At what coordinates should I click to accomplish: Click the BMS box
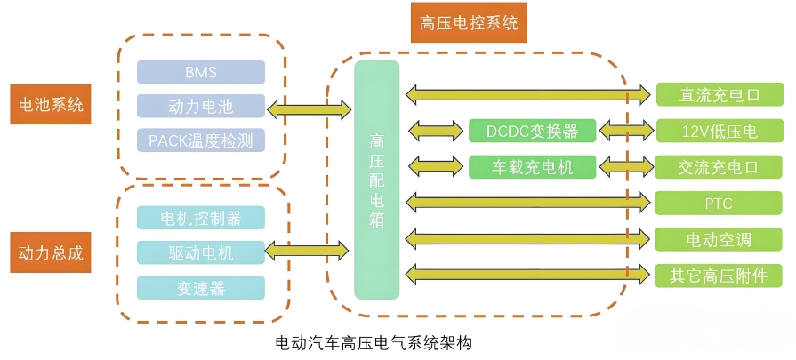[201, 72]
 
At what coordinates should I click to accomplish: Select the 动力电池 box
[201, 107]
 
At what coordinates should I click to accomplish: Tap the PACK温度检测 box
[201, 140]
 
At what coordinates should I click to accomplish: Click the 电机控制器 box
[201, 218]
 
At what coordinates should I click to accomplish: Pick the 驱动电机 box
[201, 252]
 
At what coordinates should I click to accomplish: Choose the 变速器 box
[201, 287]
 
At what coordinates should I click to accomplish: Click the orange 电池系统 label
[51, 105]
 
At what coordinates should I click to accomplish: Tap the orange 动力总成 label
[51, 252]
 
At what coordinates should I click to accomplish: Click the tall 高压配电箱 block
[377, 180]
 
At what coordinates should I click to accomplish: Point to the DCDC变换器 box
[533, 131]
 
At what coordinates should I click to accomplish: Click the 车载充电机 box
[533, 166]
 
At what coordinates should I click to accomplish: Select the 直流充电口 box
[719, 95]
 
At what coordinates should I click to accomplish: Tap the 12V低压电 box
[719, 131]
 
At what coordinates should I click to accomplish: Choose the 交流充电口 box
[719, 166]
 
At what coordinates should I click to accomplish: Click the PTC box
[719, 203]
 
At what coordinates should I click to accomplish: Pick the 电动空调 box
[719, 239]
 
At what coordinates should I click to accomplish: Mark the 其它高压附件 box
[719, 275]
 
